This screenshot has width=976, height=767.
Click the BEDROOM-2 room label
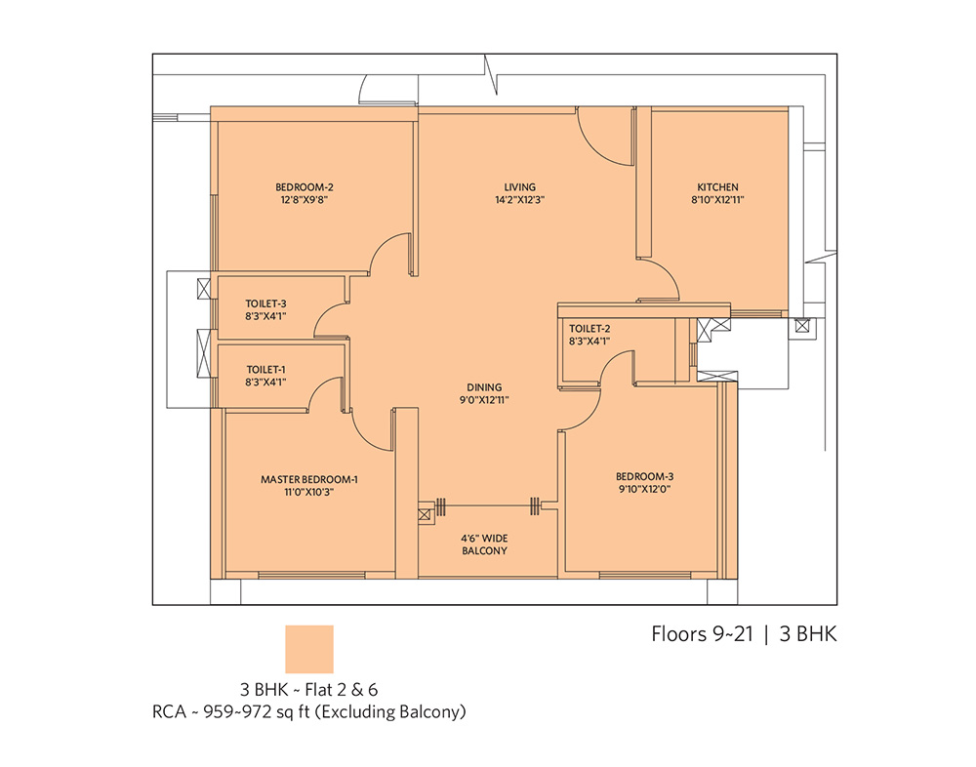305,186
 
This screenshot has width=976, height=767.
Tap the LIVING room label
520,186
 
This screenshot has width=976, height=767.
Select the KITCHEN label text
717,186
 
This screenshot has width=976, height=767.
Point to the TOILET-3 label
265,303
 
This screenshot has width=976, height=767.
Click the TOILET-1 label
265,369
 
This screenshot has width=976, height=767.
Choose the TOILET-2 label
590,328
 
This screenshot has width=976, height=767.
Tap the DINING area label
484,387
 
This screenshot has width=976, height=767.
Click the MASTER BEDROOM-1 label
309,479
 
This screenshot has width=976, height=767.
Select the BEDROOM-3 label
645,476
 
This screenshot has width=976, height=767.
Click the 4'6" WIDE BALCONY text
484,545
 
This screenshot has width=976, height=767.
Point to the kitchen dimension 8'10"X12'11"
717,200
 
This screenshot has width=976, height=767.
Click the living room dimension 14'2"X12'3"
520,200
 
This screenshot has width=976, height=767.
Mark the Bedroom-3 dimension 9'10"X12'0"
645,489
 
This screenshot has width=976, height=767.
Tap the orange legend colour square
309,649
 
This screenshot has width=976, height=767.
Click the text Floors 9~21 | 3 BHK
744,633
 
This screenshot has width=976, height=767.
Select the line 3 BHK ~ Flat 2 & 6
308,690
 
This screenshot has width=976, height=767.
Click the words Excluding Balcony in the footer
390,711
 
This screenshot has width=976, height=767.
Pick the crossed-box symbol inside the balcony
424,515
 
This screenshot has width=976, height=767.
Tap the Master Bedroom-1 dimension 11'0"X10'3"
309,492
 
